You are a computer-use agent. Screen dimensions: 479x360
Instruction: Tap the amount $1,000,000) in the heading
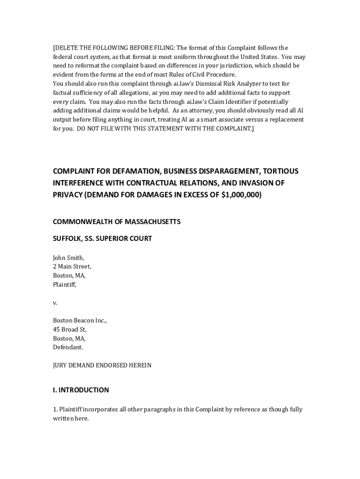[241, 195]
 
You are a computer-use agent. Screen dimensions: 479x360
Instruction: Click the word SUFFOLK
[68, 239]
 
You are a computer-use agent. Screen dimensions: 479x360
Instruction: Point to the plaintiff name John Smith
[68, 258]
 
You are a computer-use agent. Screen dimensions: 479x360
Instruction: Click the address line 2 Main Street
[72, 267]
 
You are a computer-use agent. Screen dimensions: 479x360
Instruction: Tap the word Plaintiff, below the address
[65, 284]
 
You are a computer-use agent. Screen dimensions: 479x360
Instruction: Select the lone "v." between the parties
[55, 303]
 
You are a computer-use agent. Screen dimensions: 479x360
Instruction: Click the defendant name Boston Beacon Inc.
[80, 321]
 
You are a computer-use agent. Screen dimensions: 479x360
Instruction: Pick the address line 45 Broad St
[70, 330]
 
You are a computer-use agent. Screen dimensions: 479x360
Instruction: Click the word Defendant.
[68, 348]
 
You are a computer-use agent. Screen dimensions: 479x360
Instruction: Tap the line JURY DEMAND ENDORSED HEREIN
[102, 365]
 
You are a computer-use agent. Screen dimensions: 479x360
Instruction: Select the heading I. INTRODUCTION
[81, 390]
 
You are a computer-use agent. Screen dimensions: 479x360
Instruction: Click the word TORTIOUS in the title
[277, 171]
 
